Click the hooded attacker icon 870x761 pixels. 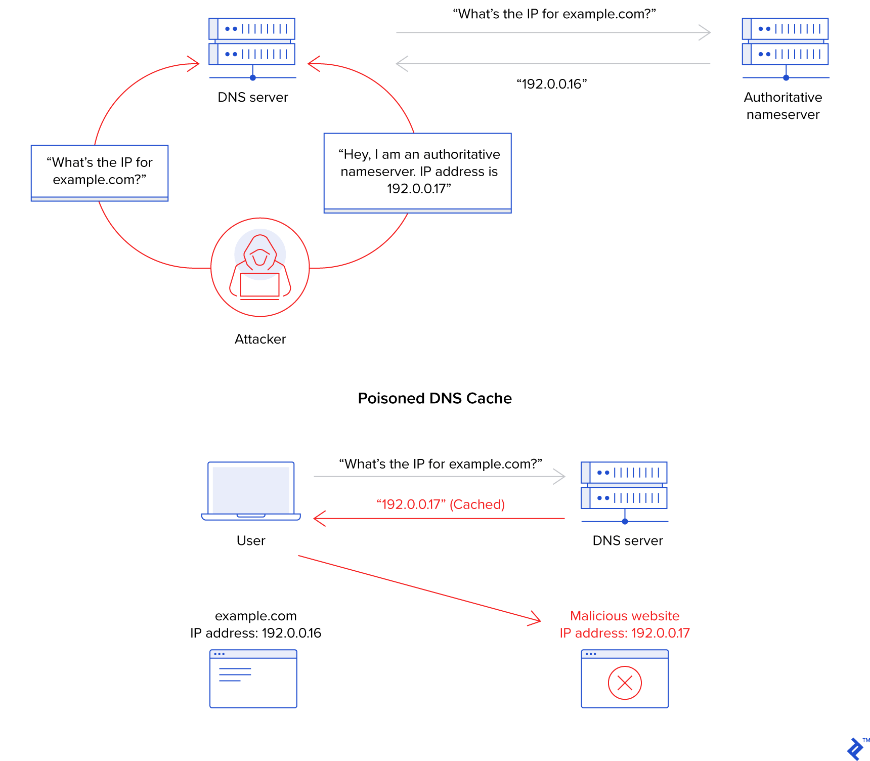coord(260,267)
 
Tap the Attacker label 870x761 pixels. coord(260,339)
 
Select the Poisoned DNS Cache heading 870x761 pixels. coord(434,398)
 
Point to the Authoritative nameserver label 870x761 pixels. coord(782,106)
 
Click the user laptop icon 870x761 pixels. coord(251,490)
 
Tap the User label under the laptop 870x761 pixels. coord(251,540)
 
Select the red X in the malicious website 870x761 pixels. coord(625,683)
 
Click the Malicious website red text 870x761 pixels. coord(625,616)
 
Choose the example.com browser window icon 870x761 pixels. coord(253,679)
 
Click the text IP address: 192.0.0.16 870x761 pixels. coord(255,633)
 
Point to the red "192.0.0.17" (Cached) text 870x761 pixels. coord(441,504)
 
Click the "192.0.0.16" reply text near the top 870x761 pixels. coord(551,84)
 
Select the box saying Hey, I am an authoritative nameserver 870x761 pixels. coord(418,172)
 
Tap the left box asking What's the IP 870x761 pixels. coord(100,172)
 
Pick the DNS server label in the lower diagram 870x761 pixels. coord(627,540)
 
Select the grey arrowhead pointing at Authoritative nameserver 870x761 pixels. coord(706,32)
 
